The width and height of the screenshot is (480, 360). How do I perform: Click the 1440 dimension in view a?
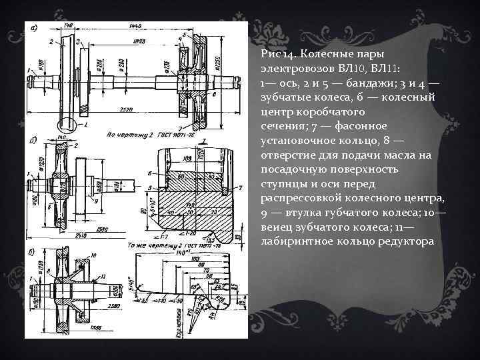click(x=136, y=25)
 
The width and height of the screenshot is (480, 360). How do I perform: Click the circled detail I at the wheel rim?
click(x=69, y=123)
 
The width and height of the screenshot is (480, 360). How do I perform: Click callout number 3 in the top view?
click(x=77, y=42)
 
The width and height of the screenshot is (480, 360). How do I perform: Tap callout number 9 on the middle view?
click(x=98, y=200)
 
